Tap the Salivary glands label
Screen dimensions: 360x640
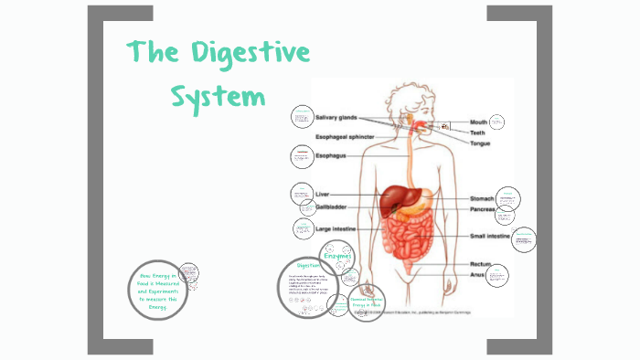336,118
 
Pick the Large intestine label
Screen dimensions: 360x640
336,228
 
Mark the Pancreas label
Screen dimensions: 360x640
485,209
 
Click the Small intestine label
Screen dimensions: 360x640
490,237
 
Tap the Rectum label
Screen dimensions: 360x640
470,264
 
